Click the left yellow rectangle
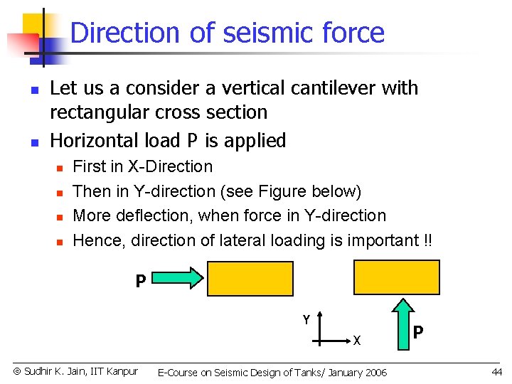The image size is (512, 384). (x=250, y=279)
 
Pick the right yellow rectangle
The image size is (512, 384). (x=397, y=277)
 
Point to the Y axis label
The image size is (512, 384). (x=306, y=320)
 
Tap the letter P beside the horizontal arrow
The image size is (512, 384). (x=141, y=282)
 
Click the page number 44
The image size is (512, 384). (x=496, y=372)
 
